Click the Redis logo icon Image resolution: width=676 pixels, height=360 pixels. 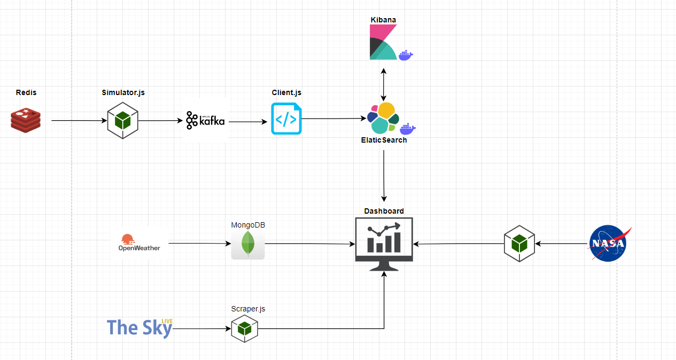pyautogui.click(x=26, y=120)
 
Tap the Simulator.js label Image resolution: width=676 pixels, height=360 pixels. pyautogui.click(x=123, y=92)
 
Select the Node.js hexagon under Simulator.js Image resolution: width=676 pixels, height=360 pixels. pyautogui.click(x=123, y=121)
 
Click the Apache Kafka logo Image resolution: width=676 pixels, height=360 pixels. pyautogui.click(x=206, y=121)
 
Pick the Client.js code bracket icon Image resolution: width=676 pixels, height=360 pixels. pyautogui.click(x=286, y=119)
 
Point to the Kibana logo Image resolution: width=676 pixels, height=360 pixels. pyautogui.click(x=383, y=42)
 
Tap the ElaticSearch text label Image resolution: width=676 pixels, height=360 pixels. pyautogui.click(x=384, y=140)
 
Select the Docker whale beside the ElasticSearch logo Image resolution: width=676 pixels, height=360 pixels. pyautogui.click(x=408, y=128)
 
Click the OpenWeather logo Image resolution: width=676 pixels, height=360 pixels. pyautogui.click(x=139, y=243)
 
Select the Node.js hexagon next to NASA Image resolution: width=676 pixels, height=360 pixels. pyautogui.click(x=519, y=244)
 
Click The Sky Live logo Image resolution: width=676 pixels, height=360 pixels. pyautogui.click(x=139, y=327)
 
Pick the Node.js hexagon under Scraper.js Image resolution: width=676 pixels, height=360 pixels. pyautogui.click(x=245, y=328)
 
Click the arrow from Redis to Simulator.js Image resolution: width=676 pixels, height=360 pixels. pyautogui.click(x=79, y=121)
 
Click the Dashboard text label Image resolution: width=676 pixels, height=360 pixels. pyautogui.click(x=384, y=211)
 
